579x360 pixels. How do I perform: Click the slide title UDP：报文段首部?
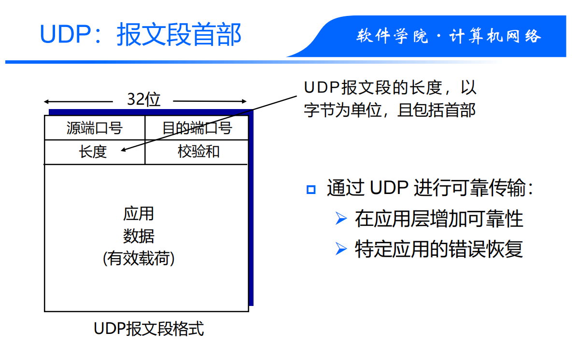click(140, 35)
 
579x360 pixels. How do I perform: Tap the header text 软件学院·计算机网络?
click(449, 36)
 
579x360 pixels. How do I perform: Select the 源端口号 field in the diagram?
click(94, 128)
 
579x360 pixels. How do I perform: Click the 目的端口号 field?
click(197, 128)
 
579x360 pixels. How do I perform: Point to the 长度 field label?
click(93, 152)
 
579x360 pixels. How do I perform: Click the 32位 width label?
click(143, 99)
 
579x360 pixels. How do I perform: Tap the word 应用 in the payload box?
click(139, 213)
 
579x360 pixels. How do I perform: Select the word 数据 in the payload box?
click(139, 236)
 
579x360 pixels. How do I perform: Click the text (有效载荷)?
click(139, 259)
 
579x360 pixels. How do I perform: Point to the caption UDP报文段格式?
click(149, 329)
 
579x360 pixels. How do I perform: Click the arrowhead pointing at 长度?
click(123, 150)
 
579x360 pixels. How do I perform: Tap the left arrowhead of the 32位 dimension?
click(46, 102)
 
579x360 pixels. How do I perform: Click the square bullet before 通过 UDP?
click(311, 189)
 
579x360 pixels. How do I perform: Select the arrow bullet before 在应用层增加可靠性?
click(341, 219)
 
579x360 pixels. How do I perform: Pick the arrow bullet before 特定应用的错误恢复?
click(341, 249)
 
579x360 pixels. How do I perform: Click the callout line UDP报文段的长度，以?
click(390, 88)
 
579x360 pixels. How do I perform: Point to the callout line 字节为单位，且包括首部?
click(390, 110)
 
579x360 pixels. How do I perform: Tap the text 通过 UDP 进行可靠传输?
click(430, 188)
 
